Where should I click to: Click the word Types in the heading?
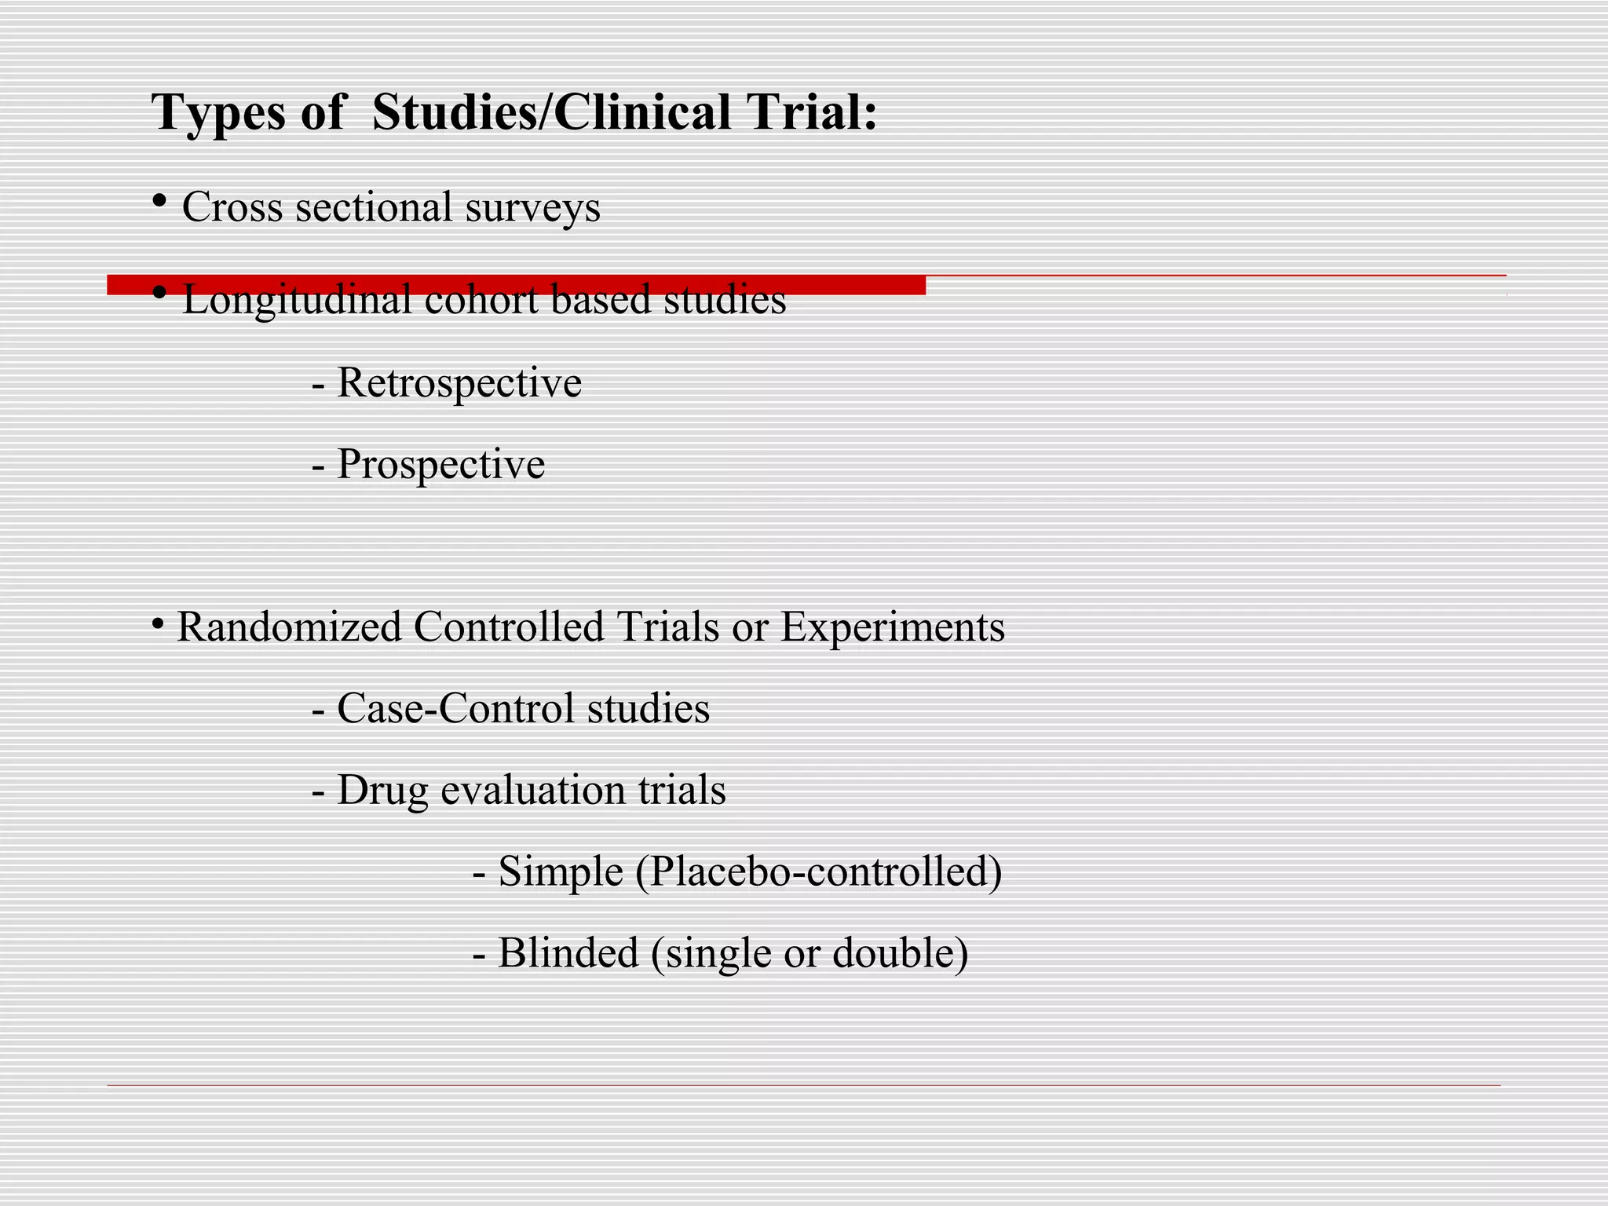[x=218, y=113]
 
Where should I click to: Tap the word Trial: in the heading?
[x=812, y=111]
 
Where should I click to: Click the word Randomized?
[x=289, y=627]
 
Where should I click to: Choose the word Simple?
[x=561, y=872]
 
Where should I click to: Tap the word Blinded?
[x=568, y=954]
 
